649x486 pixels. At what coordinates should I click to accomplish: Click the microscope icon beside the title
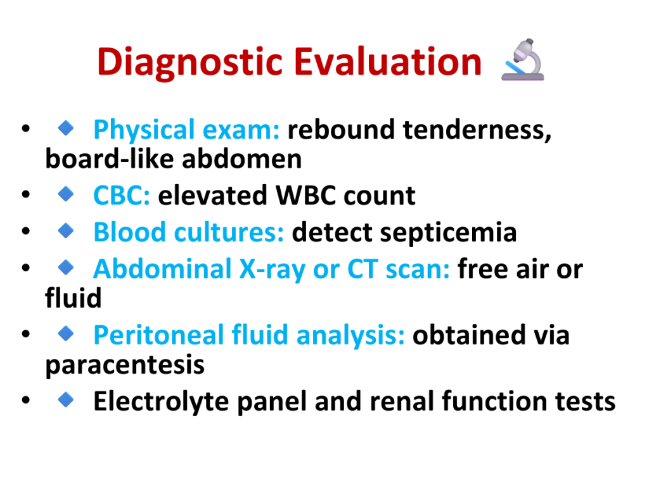coord(523,59)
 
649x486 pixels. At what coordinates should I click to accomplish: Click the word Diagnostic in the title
coord(190,62)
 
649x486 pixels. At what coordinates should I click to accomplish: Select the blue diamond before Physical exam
coord(66,128)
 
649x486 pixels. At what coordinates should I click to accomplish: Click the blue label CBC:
coord(122,195)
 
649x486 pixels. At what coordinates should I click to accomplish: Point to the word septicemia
coord(448,233)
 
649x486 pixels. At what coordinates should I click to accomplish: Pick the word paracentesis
coord(125,365)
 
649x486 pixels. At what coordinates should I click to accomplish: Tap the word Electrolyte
coord(161,401)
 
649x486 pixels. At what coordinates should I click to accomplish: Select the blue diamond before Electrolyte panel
coord(66,399)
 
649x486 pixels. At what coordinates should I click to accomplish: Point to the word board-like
coord(109,159)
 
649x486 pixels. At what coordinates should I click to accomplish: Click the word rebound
coord(341,129)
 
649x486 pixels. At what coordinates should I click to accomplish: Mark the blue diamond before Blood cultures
coord(66,230)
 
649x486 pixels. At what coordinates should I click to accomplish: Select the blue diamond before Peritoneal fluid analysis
coord(66,333)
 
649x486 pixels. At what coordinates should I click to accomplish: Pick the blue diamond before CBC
coord(66,194)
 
